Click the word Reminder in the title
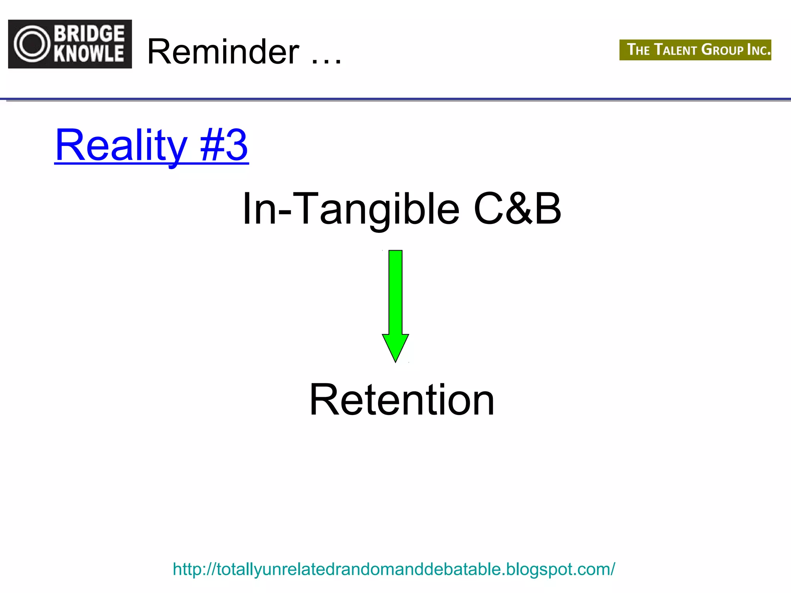(x=223, y=52)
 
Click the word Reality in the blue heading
(x=121, y=146)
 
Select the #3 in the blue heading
(x=224, y=146)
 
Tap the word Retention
(x=402, y=400)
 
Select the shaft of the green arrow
(x=395, y=291)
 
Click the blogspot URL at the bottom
(x=394, y=569)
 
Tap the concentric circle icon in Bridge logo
(x=32, y=44)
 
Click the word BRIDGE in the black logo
(x=90, y=34)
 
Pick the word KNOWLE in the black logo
(x=90, y=54)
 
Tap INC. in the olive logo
(x=759, y=50)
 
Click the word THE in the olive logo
(x=638, y=50)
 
